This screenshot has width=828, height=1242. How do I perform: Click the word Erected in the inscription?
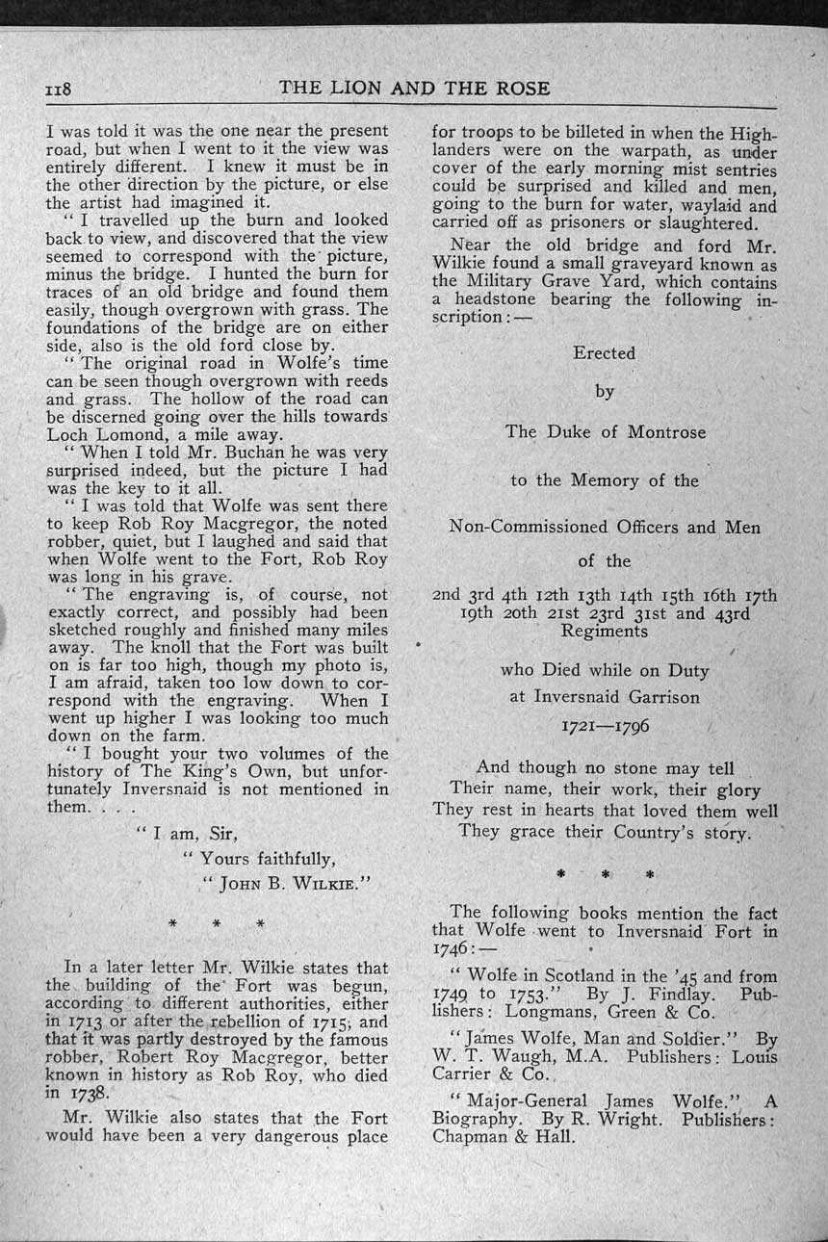605,353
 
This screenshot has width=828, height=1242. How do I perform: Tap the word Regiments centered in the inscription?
605,632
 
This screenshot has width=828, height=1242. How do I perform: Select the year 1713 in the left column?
89,1022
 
